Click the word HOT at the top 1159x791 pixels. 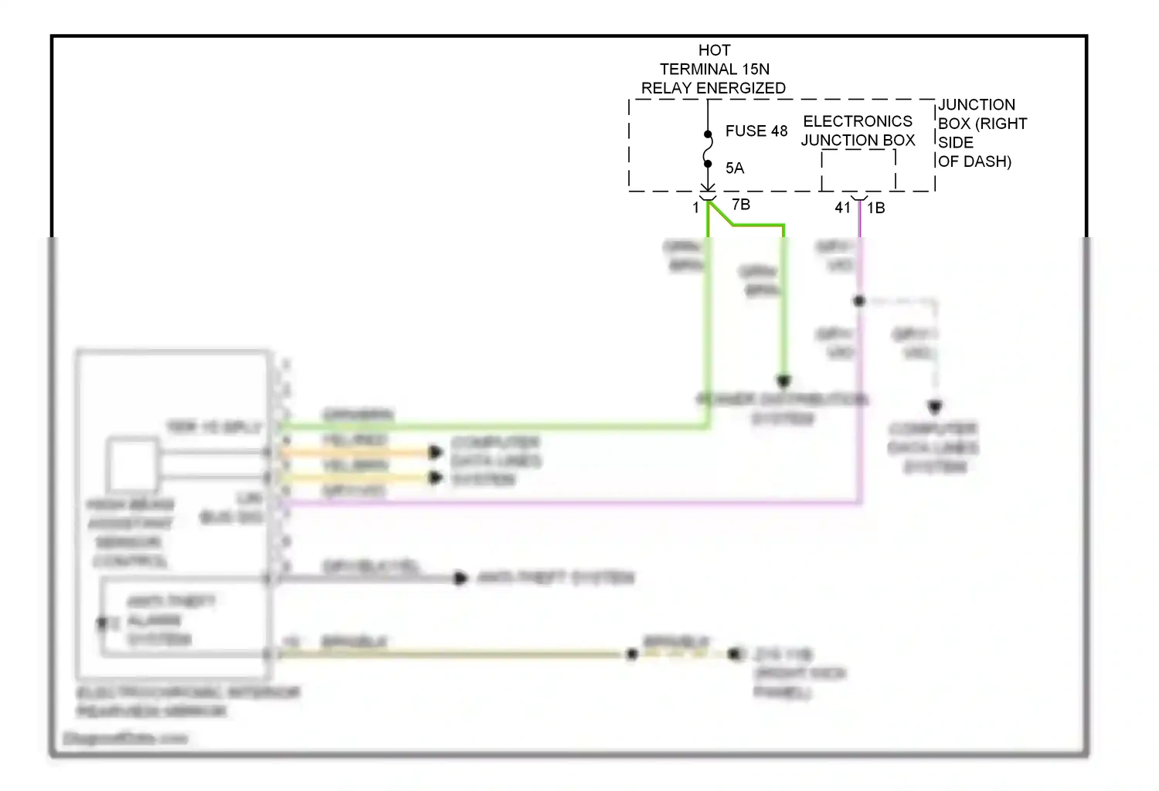tap(714, 50)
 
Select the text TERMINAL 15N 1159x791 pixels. tap(714, 70)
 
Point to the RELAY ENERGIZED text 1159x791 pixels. tap(713, 88)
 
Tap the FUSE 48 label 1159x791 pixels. tap(756, 131)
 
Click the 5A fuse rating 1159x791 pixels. tap(734, 168)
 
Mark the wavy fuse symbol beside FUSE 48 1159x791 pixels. tap(708, 149)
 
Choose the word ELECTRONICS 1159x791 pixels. tap(858, 121)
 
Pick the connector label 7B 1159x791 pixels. tap(740, 205)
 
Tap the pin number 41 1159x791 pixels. tap(842, 208)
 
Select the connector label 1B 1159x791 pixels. tap(875, 208)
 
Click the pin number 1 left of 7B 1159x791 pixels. tap(695, 208)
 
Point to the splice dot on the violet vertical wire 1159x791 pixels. tap(859, 300)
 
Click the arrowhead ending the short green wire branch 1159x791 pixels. tap(783, 381)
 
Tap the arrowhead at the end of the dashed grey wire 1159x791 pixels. tap(935, 406)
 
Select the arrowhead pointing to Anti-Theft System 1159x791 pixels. tap(461, 578)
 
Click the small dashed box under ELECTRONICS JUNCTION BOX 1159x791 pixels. tap(858, 170)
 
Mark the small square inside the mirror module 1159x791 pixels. tap(132, 464)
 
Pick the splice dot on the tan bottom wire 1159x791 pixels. tap(632, 654)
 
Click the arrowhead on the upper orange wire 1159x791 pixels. tap(436, 452)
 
